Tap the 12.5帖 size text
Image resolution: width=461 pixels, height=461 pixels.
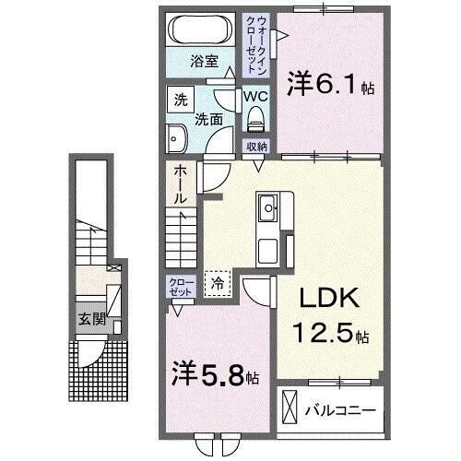click(x=333, y=332)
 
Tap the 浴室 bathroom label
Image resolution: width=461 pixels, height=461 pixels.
click(x=203, y=63)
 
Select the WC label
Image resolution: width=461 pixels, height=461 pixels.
click(x=254, y=96)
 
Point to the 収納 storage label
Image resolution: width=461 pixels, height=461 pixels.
click(x=255, y=147)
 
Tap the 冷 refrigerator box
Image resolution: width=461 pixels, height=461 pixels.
click(x=218, y=284)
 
